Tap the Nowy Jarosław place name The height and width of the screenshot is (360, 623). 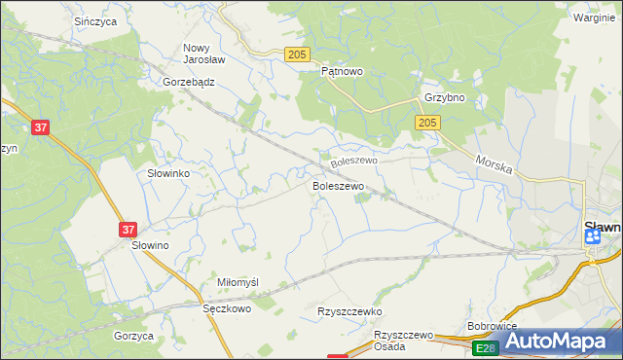point(204,53)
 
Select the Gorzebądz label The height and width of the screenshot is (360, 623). point(189,83)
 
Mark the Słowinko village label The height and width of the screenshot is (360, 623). point(167,172)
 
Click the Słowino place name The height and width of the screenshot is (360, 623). point(151,246)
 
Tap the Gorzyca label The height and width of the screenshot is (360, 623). point(133,335)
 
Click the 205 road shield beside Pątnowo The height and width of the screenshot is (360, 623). point(298,54)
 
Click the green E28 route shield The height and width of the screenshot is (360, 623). point(485,347)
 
